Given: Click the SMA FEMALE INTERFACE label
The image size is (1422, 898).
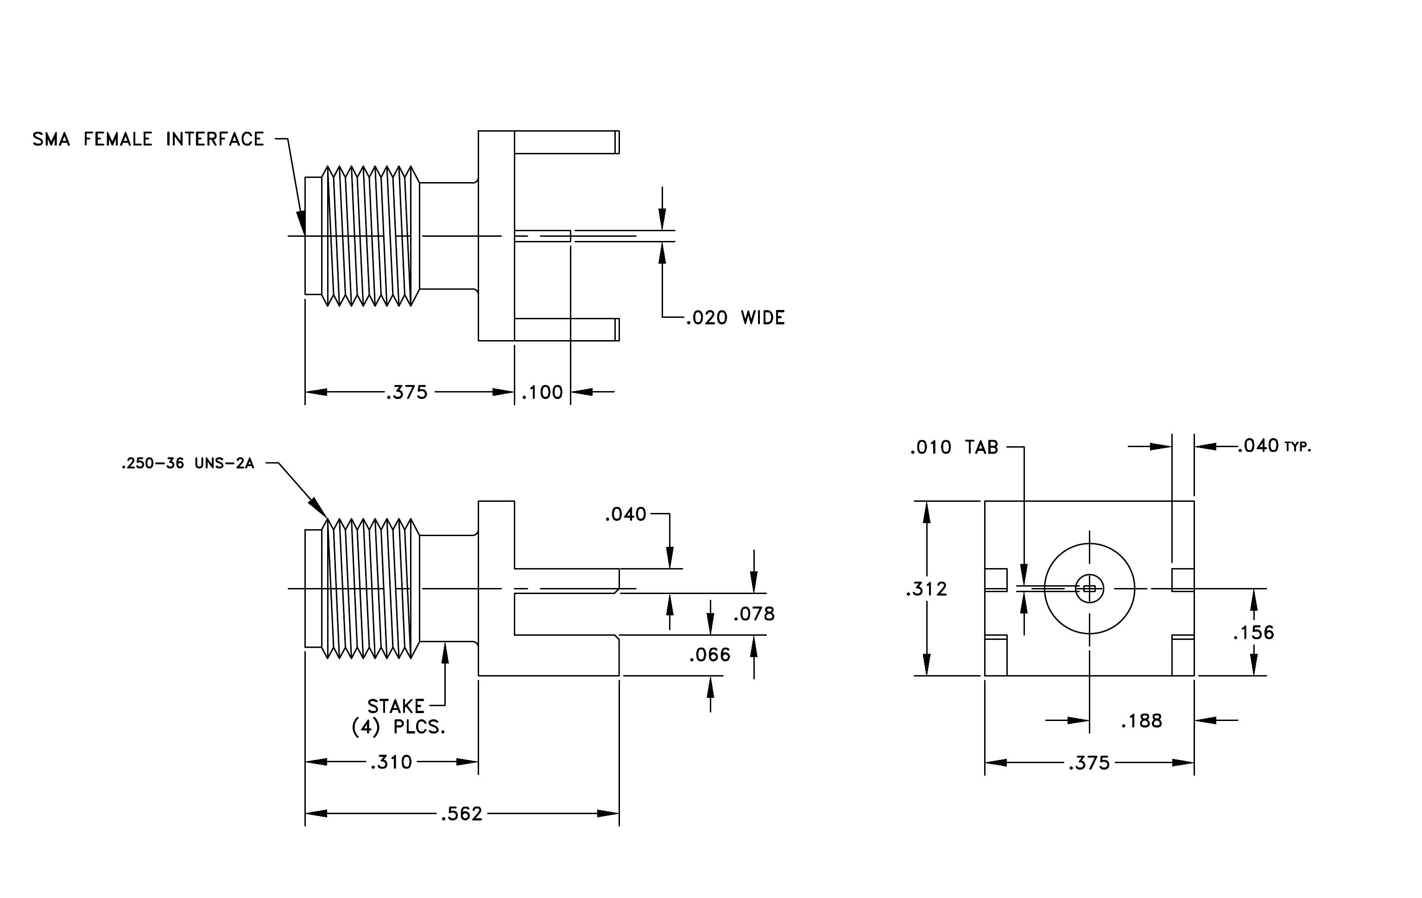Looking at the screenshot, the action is tap(148, 139).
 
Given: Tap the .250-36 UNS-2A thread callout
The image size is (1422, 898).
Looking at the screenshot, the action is tap(188, 464).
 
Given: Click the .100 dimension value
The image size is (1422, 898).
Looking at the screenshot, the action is tap(543, 392).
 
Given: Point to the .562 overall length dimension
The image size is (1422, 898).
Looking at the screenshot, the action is tap(462, 814).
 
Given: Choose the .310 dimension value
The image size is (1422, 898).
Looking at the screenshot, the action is tap(392, 762).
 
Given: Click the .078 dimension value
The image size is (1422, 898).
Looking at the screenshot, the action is tap(754, 614).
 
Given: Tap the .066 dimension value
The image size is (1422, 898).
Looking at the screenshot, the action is tap(710, 655).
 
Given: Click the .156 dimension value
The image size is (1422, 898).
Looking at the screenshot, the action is tap(1254, 633).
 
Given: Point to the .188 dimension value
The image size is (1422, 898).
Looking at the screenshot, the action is tap(1142, 721).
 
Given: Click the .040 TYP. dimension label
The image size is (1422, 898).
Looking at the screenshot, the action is tap(1275, 446).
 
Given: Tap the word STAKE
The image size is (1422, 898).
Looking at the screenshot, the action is tap(396, 707).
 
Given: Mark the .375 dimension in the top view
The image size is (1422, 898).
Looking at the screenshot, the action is tap(407, 392).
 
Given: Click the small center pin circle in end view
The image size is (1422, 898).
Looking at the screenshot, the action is tap(1089, 588).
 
